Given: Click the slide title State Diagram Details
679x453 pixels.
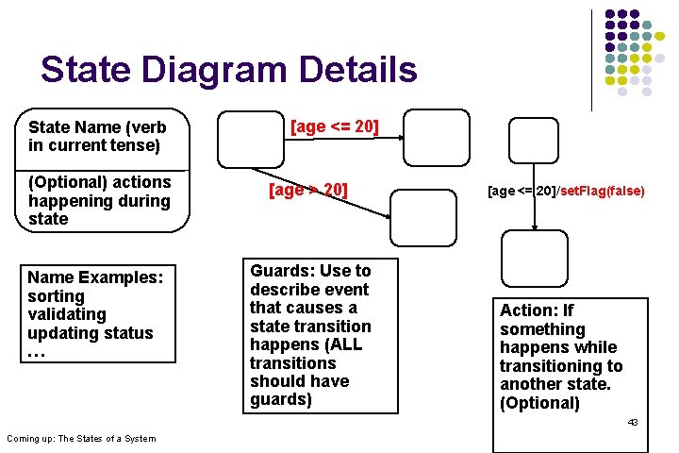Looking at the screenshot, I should [228, 70].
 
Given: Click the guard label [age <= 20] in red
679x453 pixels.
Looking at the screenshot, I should [334, 126].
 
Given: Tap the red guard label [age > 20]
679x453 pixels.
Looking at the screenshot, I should [308, 190].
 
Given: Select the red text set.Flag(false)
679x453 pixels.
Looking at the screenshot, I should [602, 191].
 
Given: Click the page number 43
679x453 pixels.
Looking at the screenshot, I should [633, 422].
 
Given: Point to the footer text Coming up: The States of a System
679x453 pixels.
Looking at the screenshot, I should [81, 438].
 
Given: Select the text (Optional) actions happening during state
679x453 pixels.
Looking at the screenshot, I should [99, 200].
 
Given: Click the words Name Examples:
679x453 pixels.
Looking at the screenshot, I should [95, 277].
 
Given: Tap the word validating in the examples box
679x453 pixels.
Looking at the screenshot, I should [67, 314].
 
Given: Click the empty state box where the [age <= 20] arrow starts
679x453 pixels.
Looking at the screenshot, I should [249, 139].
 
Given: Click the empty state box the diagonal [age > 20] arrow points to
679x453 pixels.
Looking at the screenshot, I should [421, 217].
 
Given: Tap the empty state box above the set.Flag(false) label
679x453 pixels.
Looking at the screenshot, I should [533, 141].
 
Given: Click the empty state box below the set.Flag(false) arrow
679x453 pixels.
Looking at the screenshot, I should [534, 260].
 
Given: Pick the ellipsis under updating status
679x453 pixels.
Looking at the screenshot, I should [37, 353].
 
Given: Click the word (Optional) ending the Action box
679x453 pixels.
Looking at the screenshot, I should [539, 403].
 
